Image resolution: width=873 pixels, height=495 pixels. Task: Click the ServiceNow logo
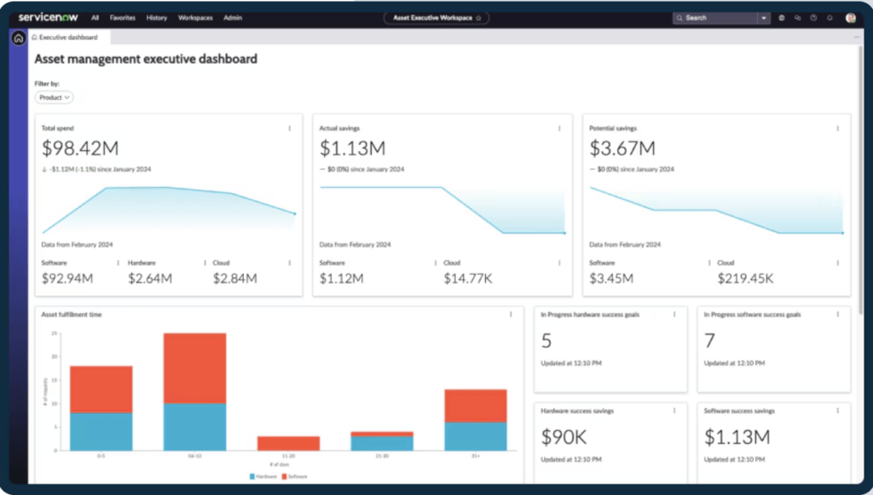[49, 17]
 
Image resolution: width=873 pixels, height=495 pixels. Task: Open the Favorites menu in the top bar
[122, 17]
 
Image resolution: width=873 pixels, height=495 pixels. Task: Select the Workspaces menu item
[195, 17]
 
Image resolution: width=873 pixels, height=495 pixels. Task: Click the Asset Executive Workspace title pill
[436, 17]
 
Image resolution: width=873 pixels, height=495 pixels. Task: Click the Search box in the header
[714, 17]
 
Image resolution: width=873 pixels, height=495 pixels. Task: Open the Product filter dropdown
[54, 97]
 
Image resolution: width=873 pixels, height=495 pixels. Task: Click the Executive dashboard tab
[66, 38]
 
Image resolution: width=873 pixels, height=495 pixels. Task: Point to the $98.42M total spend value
[80, 148]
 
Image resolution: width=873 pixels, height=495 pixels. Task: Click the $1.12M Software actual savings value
[341, 278]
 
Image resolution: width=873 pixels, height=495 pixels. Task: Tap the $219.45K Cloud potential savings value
[745, 278]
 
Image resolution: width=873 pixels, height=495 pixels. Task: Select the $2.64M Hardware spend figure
[150, 278]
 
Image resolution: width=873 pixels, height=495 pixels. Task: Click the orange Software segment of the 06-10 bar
[194, 368]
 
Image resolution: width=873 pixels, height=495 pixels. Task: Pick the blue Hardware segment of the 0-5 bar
[101, 431]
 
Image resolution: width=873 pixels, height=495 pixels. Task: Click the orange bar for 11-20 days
[288, 443]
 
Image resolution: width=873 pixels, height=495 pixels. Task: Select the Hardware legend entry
[263, 476]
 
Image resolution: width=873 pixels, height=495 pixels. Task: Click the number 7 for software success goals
[709, 341]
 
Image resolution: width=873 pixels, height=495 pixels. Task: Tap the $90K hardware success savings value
[564, 438]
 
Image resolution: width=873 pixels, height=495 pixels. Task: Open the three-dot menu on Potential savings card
[837, 128]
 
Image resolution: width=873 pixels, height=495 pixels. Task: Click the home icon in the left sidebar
[18, 38]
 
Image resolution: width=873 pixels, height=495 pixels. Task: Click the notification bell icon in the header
[830, 17]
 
